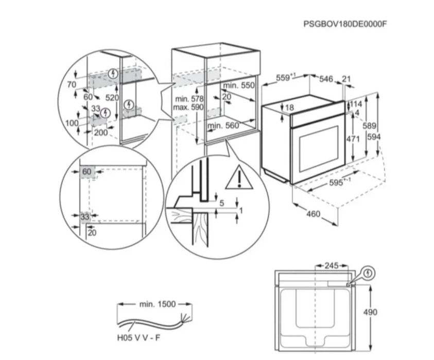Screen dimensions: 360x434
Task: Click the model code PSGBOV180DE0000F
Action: click(344, 24)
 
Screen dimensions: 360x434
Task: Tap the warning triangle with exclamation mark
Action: click(235, 178)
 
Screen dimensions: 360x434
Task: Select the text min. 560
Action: click(224, 125)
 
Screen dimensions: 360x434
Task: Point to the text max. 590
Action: click(189, 107)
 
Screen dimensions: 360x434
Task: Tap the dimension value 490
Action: click(385, 312)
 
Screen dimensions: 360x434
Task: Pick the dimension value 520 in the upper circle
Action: click(112, 97)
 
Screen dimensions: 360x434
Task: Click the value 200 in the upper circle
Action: click(101, 132)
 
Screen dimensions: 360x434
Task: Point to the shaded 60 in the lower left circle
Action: click(86, 172)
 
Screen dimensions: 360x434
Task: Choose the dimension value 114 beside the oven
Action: click(355, 104)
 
